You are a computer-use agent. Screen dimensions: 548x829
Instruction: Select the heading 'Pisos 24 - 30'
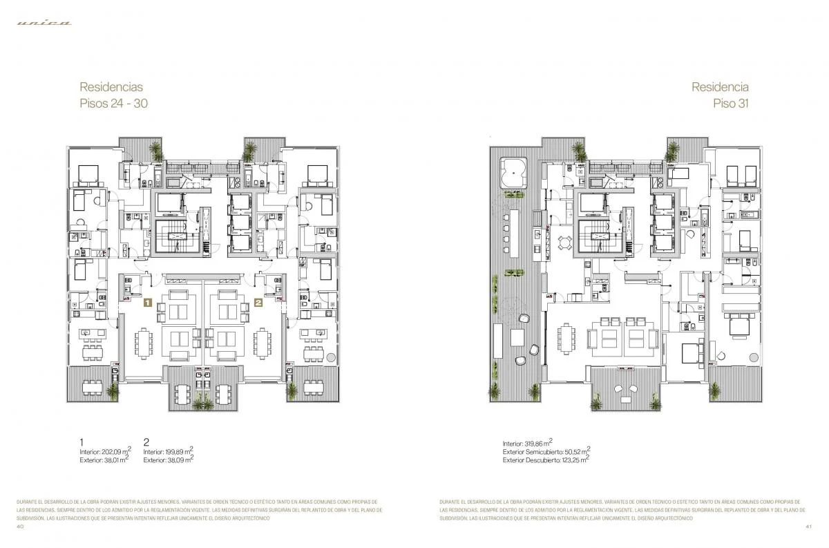coord(113,104)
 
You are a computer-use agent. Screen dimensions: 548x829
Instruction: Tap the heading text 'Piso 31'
coord(730,104)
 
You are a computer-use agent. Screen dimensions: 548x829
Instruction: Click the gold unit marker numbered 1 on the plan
coord(147,302)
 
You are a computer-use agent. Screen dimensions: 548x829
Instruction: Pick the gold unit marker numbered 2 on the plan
coord(258,302)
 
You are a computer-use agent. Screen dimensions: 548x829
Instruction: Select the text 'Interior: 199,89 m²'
coord(168,451)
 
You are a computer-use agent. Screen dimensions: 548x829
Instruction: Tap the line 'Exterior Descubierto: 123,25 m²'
coord(546,460)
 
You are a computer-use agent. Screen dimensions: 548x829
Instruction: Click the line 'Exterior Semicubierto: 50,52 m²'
coord(546,451)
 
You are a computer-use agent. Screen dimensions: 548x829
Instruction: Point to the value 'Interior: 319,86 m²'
coord(527,443)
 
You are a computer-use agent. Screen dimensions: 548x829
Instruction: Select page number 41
coord(808,527)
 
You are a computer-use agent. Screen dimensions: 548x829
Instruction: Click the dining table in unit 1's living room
coord(144,340)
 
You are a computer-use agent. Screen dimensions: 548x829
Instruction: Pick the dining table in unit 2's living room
coord(263,340)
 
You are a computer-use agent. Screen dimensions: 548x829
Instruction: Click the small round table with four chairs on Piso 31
coord(564,243)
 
